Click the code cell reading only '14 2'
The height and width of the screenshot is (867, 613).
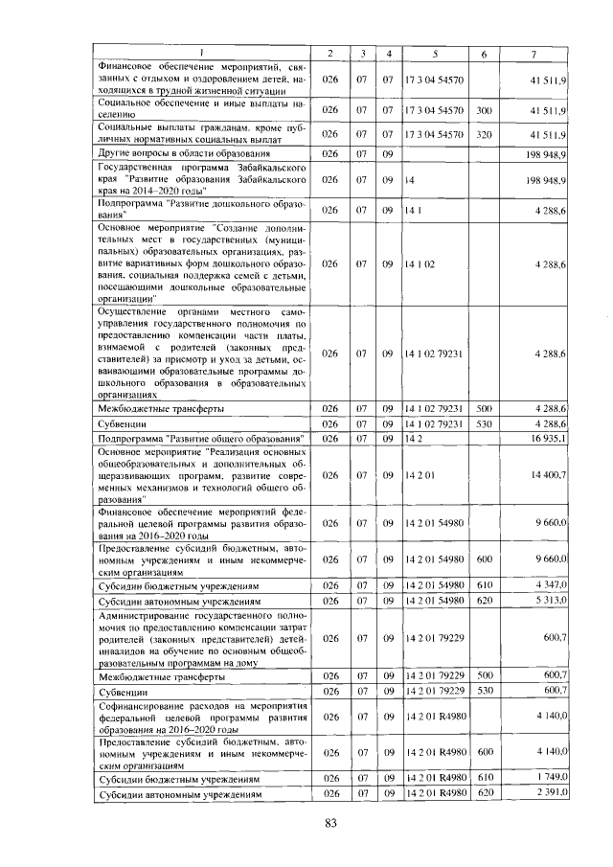tap(414, 439)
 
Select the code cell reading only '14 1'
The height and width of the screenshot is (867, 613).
tap(414, 209)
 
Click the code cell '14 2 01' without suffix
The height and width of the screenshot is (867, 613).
tap(421, 474)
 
